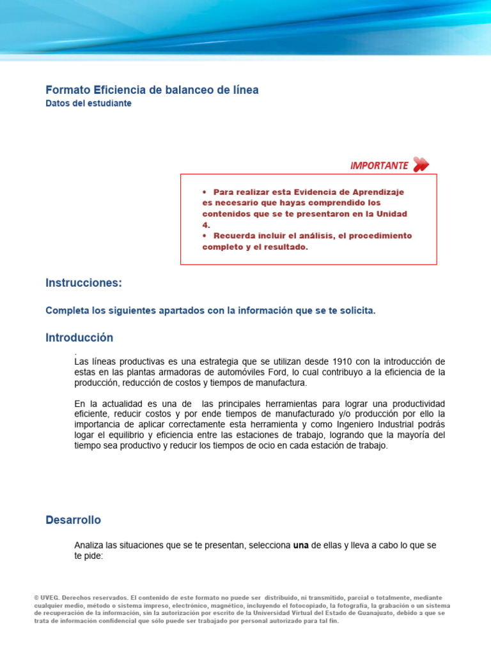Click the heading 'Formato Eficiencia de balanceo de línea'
coord(152,90)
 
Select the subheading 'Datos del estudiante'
coord(88,103)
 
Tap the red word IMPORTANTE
coord(378,165)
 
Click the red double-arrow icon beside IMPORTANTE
coord(420,165)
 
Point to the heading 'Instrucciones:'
coord(83,282)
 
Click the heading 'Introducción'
coord(79,337)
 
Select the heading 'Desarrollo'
coord(73,520)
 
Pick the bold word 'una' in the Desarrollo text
coord(300,545)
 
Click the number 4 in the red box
coord(205,225)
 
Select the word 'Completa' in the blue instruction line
coord(66,310)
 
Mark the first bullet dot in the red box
coord(205,192)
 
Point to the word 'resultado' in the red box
coord(286,247)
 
